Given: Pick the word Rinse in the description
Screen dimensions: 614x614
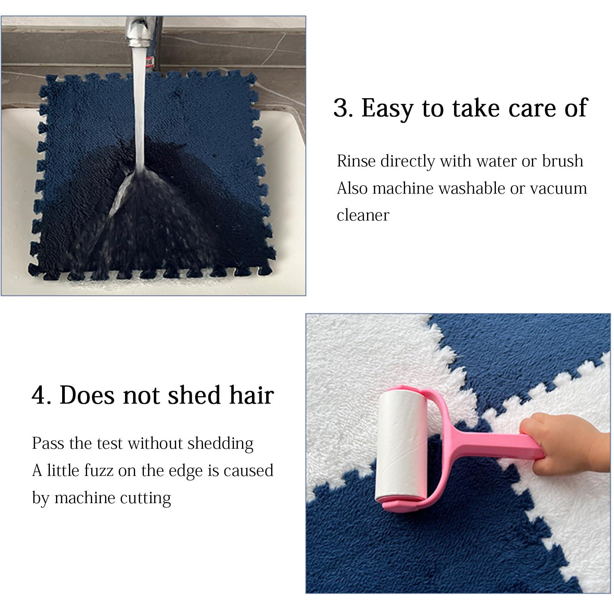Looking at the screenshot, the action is (x=355, y=161).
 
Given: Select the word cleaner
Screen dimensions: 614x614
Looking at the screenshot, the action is (x=363, y=215).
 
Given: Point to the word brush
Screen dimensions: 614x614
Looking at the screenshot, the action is (x=563, y=161).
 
